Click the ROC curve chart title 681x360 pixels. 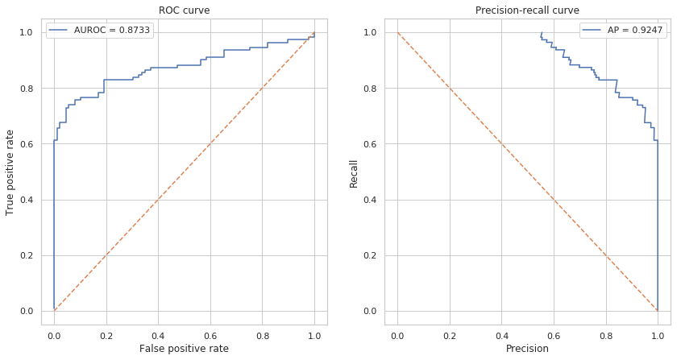(184, 10)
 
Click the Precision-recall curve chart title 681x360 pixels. (527, 10)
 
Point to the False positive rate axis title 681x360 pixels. (184, 349)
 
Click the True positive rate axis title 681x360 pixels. (10, 172)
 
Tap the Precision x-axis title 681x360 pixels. (527, 349)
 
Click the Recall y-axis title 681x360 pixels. (354, 172)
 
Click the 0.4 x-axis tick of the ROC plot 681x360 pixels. (158, 333)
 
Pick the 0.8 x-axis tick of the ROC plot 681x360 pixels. (262, 333)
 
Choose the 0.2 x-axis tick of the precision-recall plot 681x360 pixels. (449, 333)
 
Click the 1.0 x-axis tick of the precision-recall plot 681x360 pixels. (658, 333)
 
